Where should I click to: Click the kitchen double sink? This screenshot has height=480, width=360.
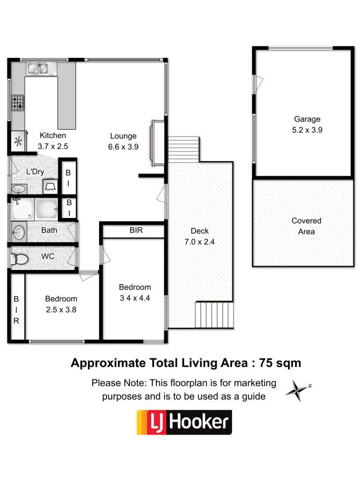coord(37,68)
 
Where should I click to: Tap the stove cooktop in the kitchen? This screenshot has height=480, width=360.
coord(18,103)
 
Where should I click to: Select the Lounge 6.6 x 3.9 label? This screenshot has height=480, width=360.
coord(123,141)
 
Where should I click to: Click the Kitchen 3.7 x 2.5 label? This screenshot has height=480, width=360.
coord(53,140)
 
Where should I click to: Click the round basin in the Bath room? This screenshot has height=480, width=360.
coord(19,232)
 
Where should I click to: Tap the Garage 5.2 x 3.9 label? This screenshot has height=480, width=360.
coord(307,124)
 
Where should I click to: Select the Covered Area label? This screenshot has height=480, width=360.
coord(306,226)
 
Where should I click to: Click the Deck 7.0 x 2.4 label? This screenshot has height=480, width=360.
coord(200,236)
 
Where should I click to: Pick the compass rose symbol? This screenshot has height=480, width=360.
coord(298,391)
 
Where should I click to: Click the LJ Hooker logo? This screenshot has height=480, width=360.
coord(184,422)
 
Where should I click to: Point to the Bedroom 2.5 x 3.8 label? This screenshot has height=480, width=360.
coord(61,304)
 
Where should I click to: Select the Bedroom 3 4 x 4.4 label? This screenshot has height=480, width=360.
coord(134,292)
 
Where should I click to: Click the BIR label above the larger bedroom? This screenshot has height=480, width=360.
coord(136,230)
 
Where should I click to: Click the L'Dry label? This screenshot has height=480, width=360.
coord(35,172)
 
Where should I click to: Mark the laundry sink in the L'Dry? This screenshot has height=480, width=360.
coord(19,189)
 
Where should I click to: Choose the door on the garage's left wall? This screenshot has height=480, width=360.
coord(258,84)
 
